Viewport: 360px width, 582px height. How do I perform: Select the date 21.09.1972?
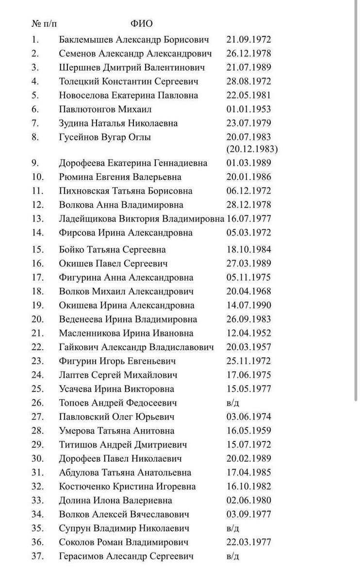click(248, 39)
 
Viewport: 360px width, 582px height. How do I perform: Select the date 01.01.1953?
click(248, 109)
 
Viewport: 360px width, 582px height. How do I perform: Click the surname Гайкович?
click(77, 347)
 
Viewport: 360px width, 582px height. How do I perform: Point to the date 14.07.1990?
click(248, 305)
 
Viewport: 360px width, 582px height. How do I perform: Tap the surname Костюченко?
click(84, 486)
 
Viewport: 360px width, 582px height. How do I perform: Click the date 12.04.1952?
click(248, 333)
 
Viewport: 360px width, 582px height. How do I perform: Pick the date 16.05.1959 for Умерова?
click(248, 431)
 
